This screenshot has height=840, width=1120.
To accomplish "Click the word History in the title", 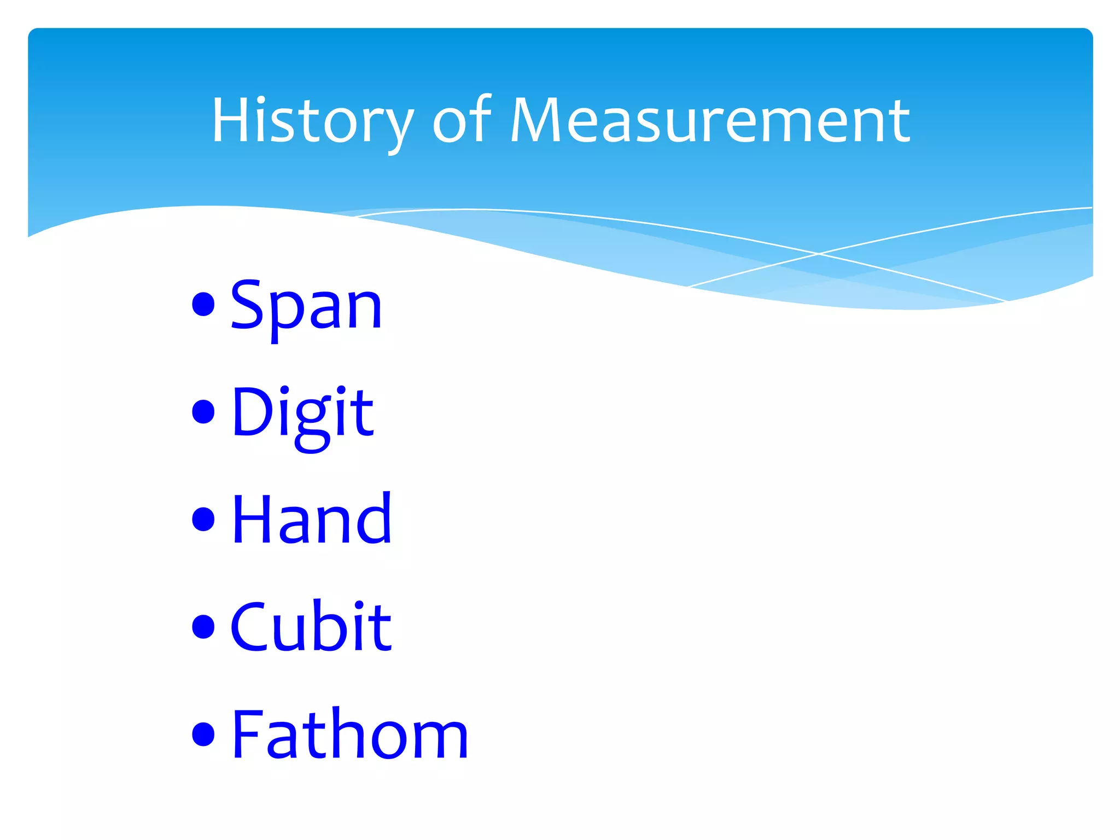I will (312, 121).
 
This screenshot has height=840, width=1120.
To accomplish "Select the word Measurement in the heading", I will (710, 121).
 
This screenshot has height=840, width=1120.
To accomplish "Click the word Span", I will (306, 306).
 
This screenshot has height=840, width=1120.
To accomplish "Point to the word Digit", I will (302, 413).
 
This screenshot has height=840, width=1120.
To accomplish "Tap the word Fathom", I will (350, 734).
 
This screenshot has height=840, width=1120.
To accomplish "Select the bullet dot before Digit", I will (203, 412).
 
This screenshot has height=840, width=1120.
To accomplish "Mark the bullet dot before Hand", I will (203, 519).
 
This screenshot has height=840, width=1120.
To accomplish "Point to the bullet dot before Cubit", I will (203, 627).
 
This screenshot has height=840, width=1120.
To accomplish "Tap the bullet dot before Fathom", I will (203, 734).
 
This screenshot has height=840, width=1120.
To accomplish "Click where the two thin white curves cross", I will (819, 254).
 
